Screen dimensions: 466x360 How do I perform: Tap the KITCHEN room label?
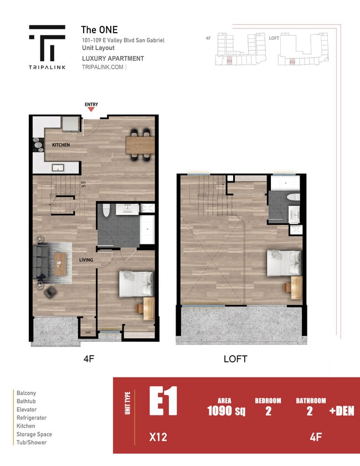click(61, 145)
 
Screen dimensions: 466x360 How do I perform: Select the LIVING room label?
click(85, 260)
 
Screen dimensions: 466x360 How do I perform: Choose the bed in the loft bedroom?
click(284, 263)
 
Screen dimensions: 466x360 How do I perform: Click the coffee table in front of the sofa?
click(59, 263)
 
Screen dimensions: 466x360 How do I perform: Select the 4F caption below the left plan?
click(89, 359)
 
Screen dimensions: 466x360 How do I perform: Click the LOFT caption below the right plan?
click(235, 359)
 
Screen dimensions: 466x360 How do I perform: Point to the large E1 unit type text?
click(163, 402)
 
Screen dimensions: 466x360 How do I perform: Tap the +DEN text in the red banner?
click(341, 411)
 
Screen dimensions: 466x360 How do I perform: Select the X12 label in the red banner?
click(158, 437)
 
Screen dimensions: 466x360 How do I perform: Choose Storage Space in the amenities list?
click(34, 434)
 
